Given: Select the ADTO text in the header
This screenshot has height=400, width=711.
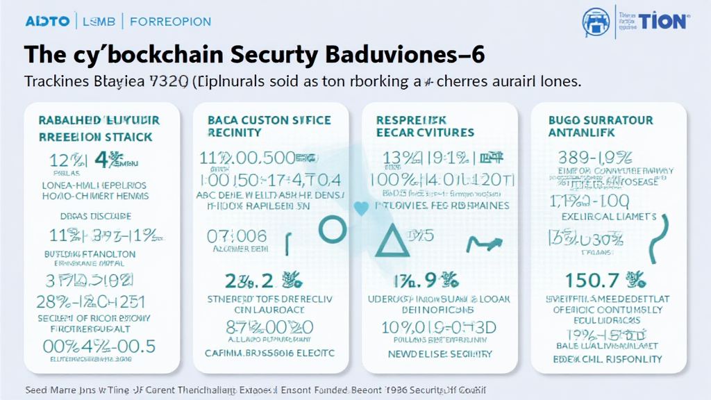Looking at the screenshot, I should pyautogui.click(x=47, y=21).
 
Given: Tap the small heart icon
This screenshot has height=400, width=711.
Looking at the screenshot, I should pyautogui.click(x=360, y=207).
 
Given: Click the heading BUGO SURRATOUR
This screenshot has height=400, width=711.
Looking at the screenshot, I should pyautogui.click(x=601, y=120).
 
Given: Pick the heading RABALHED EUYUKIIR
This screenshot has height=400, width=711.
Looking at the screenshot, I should pyautogui.click(x=99, y=120).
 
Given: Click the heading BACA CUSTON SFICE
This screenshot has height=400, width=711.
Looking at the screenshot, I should pyautogui.click(x=269, y=120).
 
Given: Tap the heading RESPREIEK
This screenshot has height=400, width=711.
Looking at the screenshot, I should pyautogui.click(x=411, y=120).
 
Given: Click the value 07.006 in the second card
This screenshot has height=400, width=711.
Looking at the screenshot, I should pyautogui.click(x=237, y=236).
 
